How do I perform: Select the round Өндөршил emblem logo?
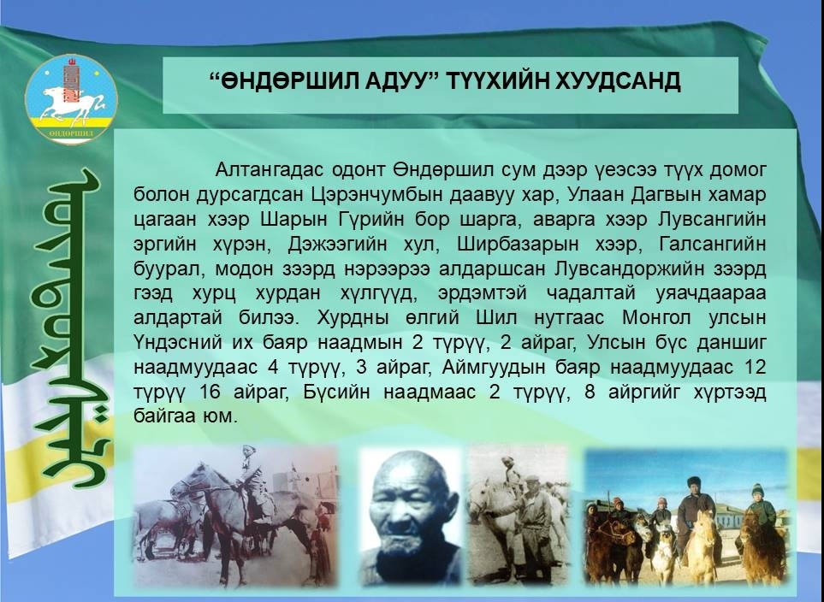coord(72,99)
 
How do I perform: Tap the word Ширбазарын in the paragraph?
coord(518,244)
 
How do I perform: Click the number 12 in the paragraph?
coord(755,367)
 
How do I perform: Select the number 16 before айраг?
coord(210,392)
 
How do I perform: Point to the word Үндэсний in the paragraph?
coord(178,342)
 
